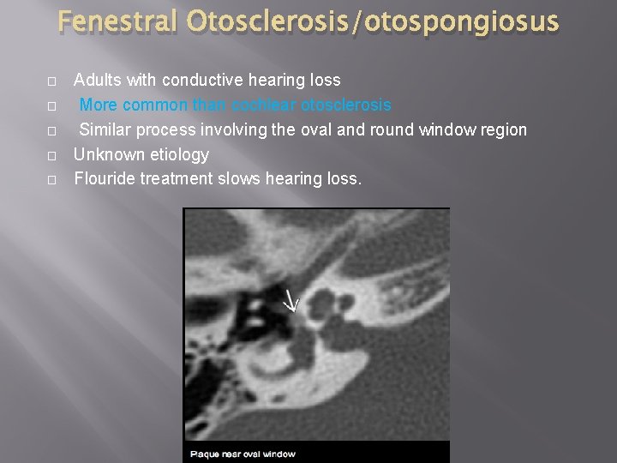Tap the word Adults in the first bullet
click(x=96, y=81)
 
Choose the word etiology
click(x=179, y=154)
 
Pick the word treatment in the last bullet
click(x=179, y=179)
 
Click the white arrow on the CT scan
click(x=291, y=299)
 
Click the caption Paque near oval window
click(x=243, y=453)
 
